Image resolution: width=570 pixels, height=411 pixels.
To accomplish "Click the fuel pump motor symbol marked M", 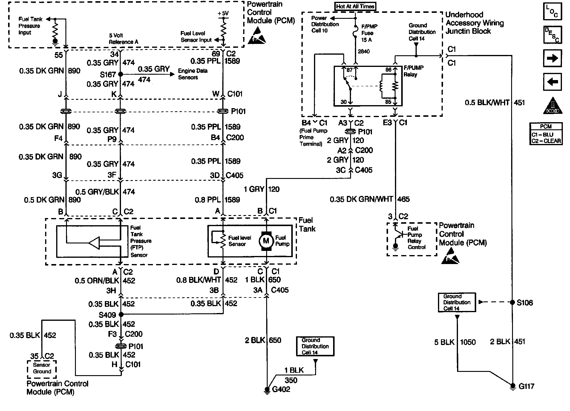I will [x=266, y=241].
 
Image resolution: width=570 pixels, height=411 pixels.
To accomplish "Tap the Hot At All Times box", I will [x=355, y=6].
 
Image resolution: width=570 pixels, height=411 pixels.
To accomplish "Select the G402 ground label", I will [x=281, y=389].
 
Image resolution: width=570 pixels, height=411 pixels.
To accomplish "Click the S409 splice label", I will [x=107, y=315].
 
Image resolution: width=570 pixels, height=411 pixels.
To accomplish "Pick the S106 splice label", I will [x=525, y=303].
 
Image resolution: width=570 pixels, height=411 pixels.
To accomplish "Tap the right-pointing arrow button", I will [x=552, y=58].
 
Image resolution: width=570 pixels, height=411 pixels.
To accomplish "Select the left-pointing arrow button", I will [x=552, y=82].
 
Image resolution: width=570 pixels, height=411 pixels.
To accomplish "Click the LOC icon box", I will [x=552, y=11].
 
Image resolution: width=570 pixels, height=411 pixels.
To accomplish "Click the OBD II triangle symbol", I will [x=552, y=106].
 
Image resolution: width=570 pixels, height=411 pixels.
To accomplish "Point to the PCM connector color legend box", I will [x=546, y=134].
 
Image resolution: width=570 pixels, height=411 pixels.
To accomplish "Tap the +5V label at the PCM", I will [x=223, y=13].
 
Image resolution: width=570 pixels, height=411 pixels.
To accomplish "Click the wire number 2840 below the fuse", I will [x=364, y=51].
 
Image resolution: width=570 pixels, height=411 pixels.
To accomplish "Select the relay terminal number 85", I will [x=388, y=102].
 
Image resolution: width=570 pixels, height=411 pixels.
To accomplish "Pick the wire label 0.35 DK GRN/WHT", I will [x=361, y=199].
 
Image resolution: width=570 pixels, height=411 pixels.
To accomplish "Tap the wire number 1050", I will [x=468, y=342].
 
